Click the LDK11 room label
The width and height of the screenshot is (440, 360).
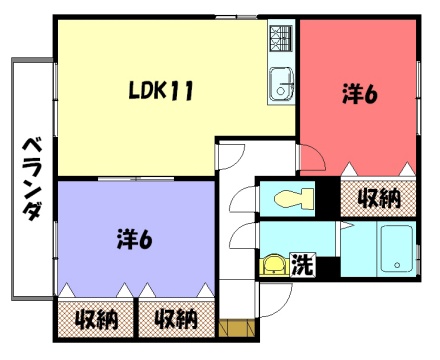click(161, 91)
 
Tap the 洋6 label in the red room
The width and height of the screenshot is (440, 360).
click(360, 95)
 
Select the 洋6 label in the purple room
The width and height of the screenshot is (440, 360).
click(134, 239)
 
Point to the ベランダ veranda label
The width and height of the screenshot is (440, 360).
click(33, 179)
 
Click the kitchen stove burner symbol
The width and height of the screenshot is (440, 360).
click(281, 39)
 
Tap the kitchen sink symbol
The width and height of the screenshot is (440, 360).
click(281, 84)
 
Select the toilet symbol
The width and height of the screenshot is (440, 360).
click(294, 199)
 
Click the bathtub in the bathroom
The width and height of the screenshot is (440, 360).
click(397, 248)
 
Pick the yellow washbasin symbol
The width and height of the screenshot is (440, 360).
click(274, 265)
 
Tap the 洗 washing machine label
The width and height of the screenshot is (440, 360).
click(303, 265)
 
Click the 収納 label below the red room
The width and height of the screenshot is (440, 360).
click(379, 199)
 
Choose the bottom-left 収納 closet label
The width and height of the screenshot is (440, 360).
click(96, 320)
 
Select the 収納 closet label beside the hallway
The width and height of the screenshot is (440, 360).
click(176, 320)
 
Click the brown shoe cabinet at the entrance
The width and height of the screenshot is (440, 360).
click(237, 328)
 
